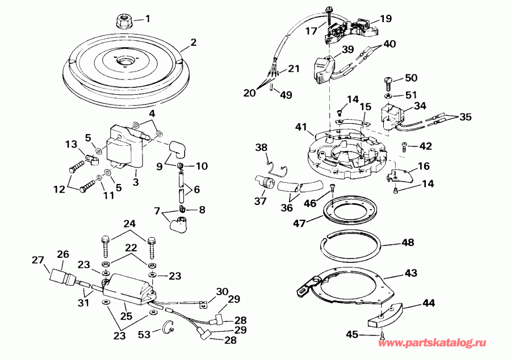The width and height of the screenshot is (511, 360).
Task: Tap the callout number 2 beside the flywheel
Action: click(193, 42)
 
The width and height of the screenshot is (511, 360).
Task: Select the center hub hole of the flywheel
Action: click(125, 61)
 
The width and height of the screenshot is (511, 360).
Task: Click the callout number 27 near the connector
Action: click(38, 261)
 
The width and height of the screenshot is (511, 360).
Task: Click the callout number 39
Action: click(347, 49)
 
